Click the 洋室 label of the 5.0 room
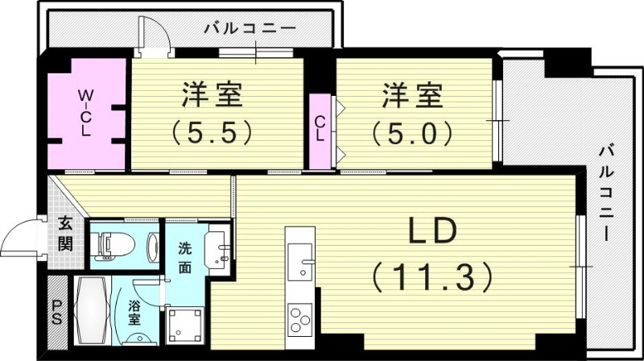click(x=411, y=95)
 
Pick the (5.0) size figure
click(x=411, y=130)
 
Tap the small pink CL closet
click(x=320, y=130)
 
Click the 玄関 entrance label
click(x=65, y=234)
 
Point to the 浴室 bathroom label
click(x=134, y=312)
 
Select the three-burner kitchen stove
click(x=299, y=317)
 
